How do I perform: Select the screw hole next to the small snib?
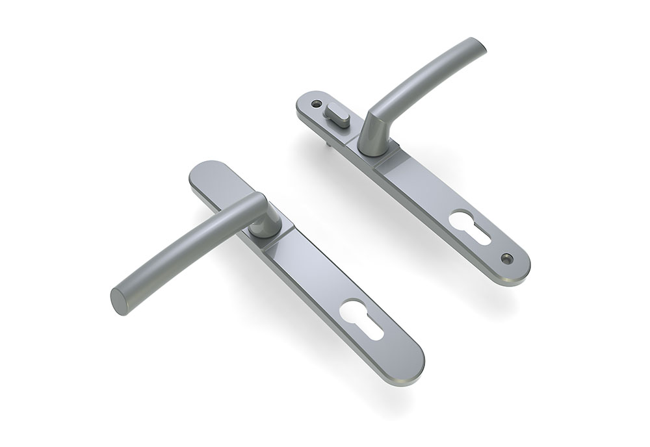[317, 103]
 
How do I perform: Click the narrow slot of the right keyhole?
[479, 235]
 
